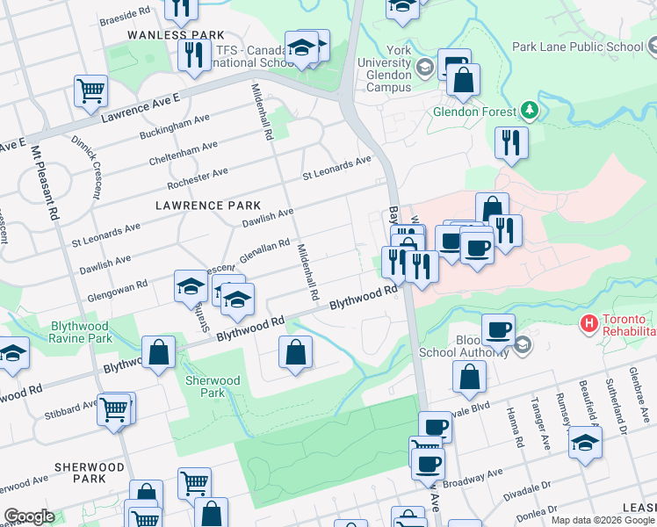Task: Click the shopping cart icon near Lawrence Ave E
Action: click(x=91, y=90)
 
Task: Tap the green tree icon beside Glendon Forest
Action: click(x=529, y=111)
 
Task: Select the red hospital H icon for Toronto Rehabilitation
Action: click(x=588, y=324)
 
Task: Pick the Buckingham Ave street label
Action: click(x=175, y=127)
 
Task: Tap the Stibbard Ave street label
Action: click(x=76, y=408)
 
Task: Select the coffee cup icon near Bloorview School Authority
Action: click(x=498, y=330)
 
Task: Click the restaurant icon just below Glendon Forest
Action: click(x=511, y=141)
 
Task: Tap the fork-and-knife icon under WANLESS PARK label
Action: click(x=191, y=55)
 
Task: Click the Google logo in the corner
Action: click(x=28, y=516)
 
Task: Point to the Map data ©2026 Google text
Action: click(x=602, y=520)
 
